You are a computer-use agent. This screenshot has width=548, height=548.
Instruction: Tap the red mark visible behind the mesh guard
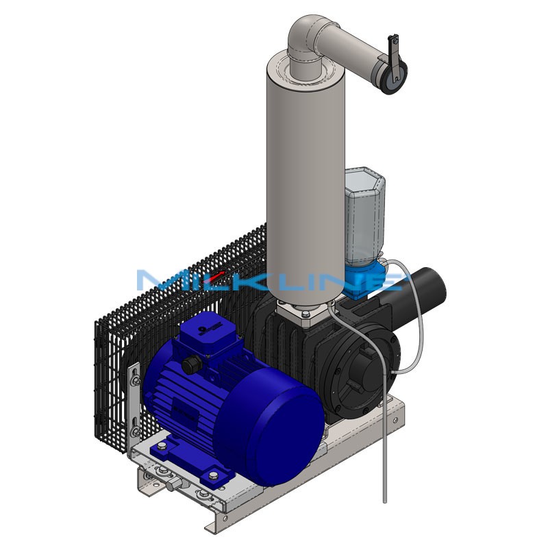click(217, 275)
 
